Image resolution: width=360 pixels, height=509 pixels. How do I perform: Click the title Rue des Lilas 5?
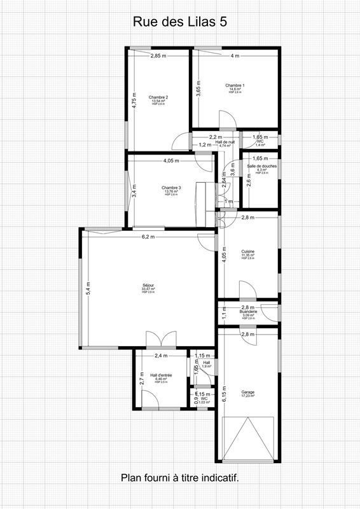click(x=180, y=22)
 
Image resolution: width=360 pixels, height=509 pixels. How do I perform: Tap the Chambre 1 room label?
click(x=235, y=86)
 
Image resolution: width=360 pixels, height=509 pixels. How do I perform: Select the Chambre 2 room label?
click(x=158, y=97)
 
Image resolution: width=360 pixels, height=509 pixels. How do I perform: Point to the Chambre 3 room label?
click(x=171, y=188)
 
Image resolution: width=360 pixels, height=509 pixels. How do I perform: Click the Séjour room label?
click(x=148, y=286)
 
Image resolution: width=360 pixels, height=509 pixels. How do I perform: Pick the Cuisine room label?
click(x=248, y=252)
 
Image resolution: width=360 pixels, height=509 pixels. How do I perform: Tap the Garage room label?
click(x=248, y=392)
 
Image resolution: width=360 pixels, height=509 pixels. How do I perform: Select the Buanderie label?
click(x=248, y=312)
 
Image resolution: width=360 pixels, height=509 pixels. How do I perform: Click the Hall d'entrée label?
click(x=161, y=375)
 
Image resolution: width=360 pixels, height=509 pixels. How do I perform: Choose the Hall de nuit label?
click(x=225, y=143)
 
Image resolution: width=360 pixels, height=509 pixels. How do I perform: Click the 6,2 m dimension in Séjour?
click(x=149, y=237)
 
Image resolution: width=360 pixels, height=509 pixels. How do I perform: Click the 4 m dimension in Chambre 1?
click(x=235, y=56)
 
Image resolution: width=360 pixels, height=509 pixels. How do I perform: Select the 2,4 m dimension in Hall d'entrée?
click(x=160, y=356)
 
